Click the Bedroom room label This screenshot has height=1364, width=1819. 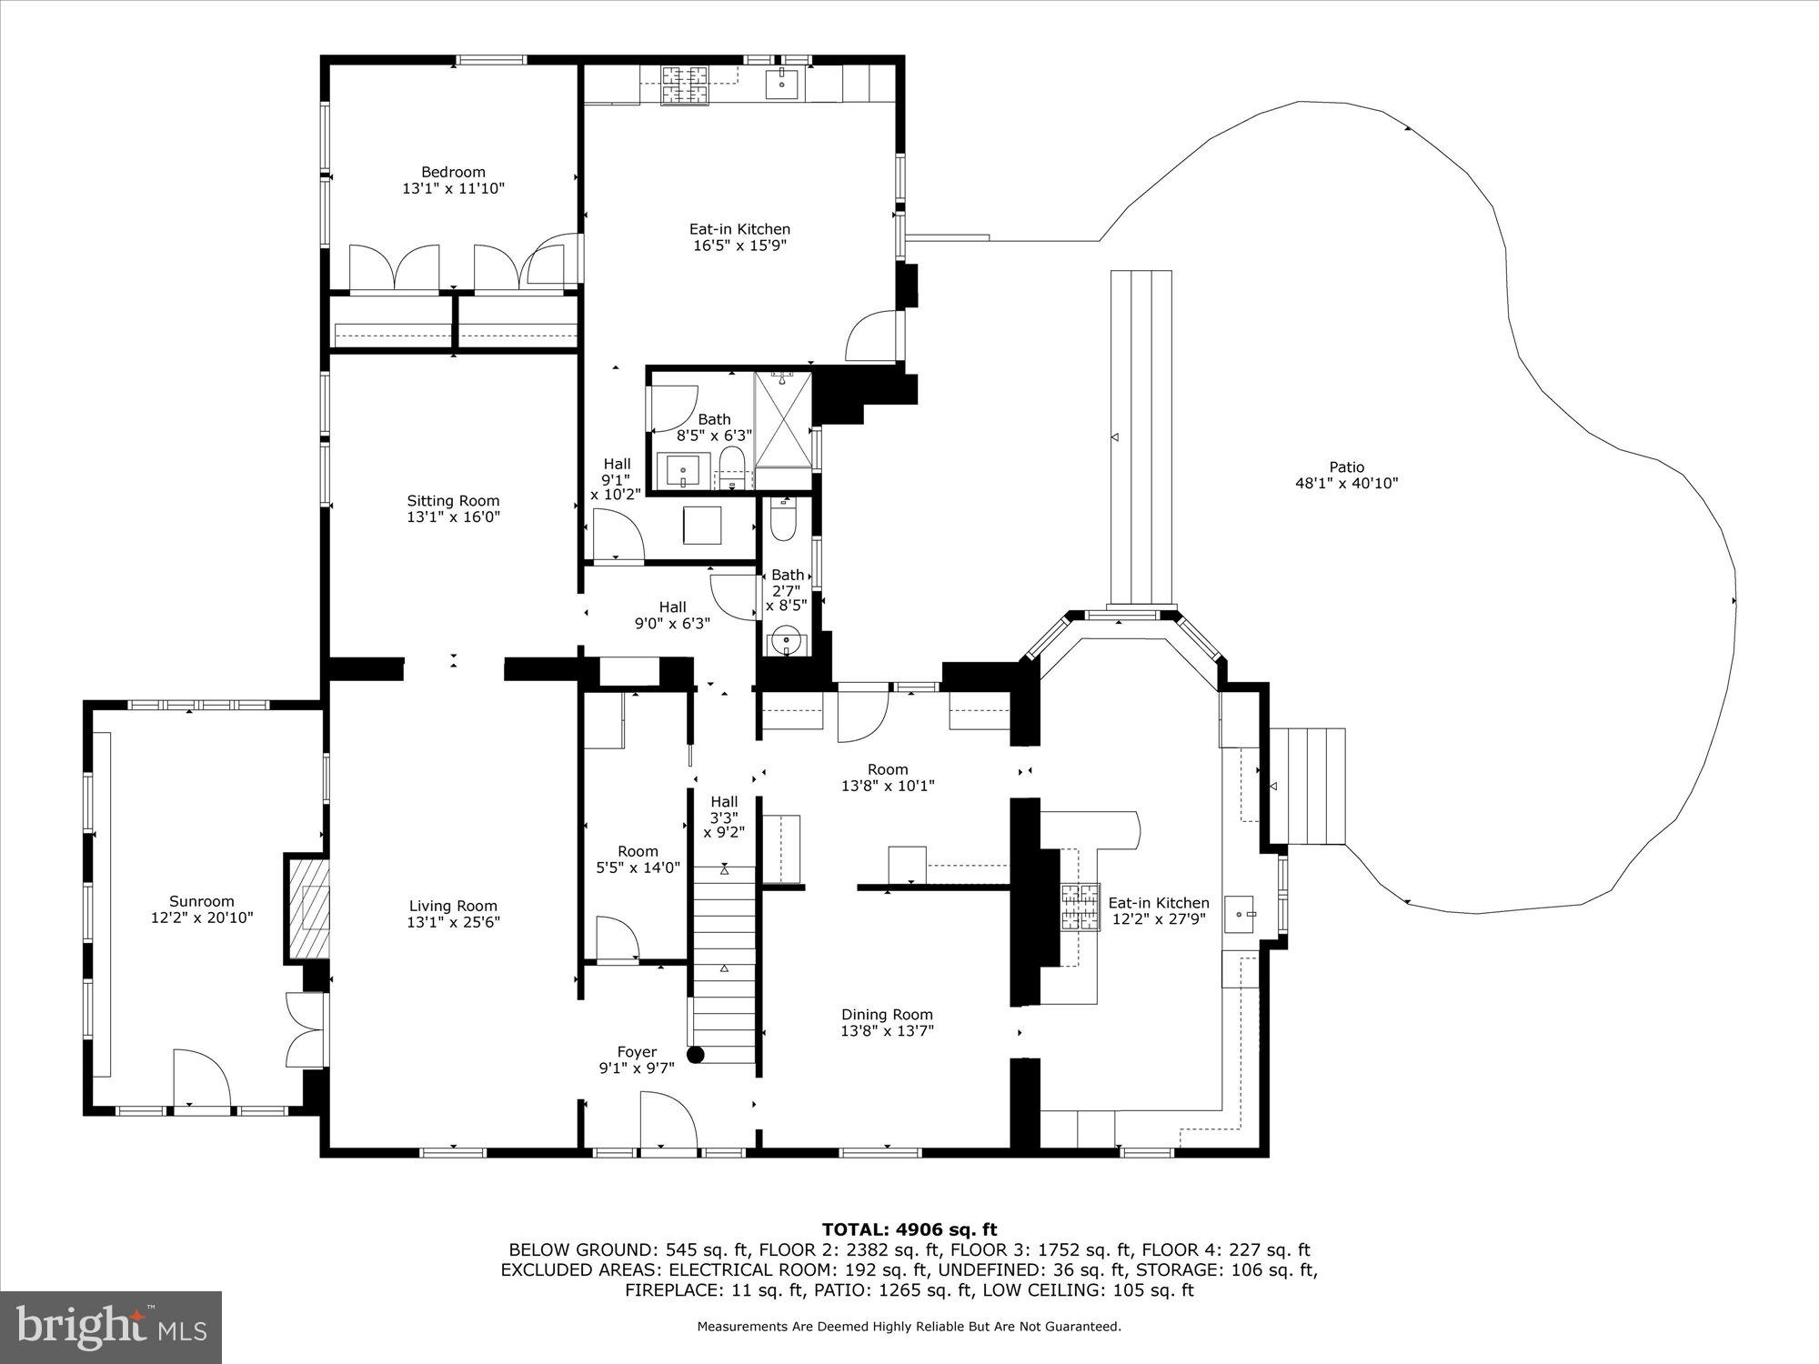(x=453, y=172)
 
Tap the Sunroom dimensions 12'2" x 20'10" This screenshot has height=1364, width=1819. (x=202, y=918)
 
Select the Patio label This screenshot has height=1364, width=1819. (x=1346, y=467)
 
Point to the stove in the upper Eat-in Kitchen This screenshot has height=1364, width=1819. (x=684, y=86)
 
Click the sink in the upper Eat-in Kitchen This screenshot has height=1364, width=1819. (x=781, y=84)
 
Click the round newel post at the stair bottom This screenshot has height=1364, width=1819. (x=696, y=1055)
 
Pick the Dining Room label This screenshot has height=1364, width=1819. (x=887, y=1015)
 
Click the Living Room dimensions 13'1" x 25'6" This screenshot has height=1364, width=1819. (x=453, y=922)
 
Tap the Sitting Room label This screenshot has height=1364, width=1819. (x=453, y=500)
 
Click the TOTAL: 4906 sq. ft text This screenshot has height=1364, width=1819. (x=909, y=1229)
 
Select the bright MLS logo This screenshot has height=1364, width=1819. (x=111, y=1328)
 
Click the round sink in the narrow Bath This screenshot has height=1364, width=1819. (x=784, y=642)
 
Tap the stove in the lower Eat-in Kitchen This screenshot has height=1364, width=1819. (x=1079, y=907)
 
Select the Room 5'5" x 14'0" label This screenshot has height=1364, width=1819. (x=638, y=851)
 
